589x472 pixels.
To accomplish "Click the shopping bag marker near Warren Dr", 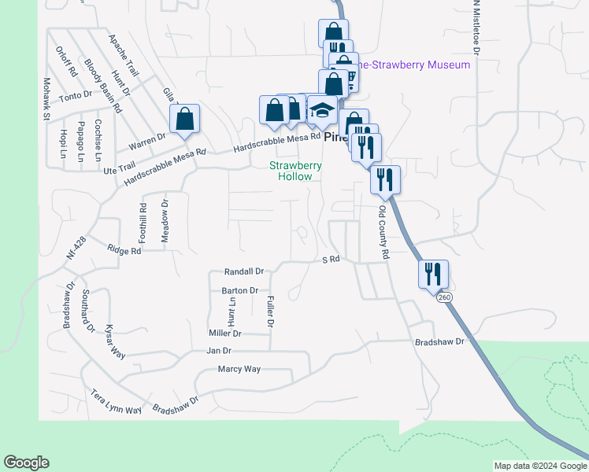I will click(x=184, y=120).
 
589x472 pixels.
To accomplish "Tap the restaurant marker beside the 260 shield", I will click(x=433, y=274).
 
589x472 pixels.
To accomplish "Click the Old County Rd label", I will click(x=383, y=233).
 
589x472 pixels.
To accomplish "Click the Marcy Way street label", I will click(x=239, y=369).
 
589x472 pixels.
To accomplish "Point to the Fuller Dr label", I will click(x=270, y=312).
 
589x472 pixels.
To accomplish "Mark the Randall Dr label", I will click(x=243, y=271).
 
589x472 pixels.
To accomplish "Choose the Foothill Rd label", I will click(x=143, y=223).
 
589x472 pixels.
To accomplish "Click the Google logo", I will click(x=26, y=463).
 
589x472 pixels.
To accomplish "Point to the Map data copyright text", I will click(x=540, y=466).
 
